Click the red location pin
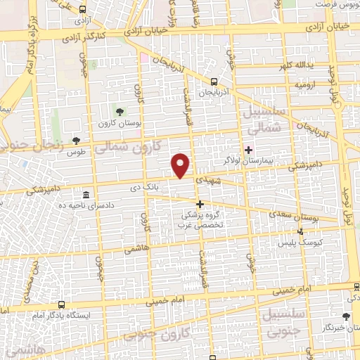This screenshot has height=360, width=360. click(181, 165)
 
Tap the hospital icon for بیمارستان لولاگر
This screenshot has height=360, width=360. click(248, 149)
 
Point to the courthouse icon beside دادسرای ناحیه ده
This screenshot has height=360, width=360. click(85, 194)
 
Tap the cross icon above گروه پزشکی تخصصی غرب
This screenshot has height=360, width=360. click(200, 204)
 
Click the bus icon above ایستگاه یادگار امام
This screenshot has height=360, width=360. click(63, 305)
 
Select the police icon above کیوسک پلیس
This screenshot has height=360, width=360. click(302, 231)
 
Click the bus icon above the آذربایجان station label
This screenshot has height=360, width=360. click(214, 81)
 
